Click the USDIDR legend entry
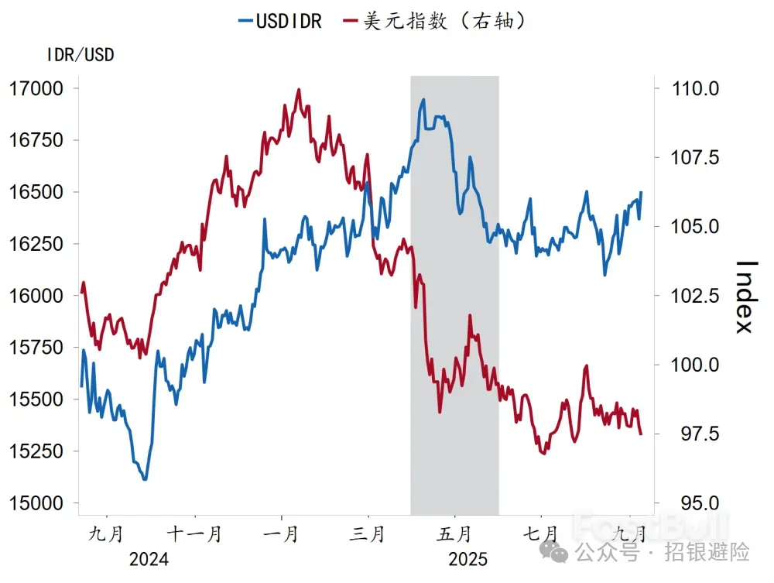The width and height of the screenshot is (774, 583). (279, 21)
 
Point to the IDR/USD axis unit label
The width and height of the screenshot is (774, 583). (80, 56)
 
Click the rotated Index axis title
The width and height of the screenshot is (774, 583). (745, 296)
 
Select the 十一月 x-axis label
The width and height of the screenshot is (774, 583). (195, 535)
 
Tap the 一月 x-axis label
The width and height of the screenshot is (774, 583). (282, 535)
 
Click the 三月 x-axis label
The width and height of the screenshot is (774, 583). (368, 535)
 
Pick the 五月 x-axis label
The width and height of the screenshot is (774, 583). (454, 535)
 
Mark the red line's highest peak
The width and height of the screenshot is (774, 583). (299, 90)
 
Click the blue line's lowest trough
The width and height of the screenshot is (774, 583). (145, 479)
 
